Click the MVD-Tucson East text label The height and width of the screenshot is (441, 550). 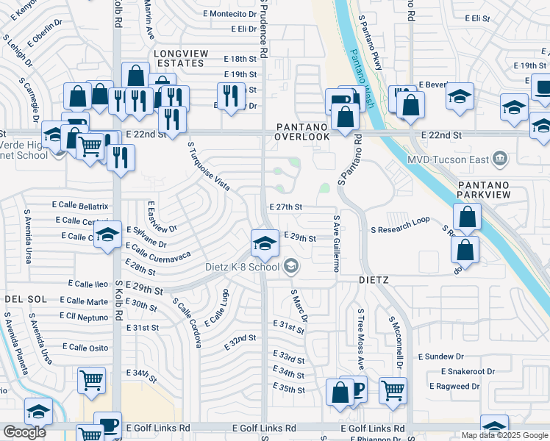pyautogui.click(x=448, y=158)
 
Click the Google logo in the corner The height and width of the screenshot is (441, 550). pyautogui.click(x=24, y=432)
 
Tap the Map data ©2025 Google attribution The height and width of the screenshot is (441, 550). pyautogui.click(x=504, y=435)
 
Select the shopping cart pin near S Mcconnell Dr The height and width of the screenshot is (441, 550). pyautogui.click(x=393, y=390)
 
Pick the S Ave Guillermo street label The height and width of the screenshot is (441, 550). pyautogui.click(x=335, y=243)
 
